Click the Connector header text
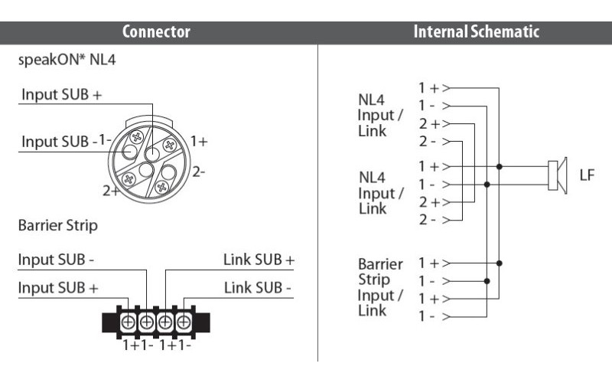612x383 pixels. [x=156, y=32]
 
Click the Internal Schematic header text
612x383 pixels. [x=476, y=32]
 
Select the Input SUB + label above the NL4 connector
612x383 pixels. [x=61, y=95]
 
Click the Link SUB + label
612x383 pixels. [x=259, y=260]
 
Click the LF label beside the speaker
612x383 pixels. [x=587, y=175]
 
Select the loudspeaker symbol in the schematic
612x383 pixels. [x=555, y=175]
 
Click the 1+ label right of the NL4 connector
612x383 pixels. [x=199, y=141]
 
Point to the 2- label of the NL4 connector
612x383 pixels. [x=198, y=172]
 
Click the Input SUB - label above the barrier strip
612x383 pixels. [x=56, y=260]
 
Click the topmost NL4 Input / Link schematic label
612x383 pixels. [x=380, y=114]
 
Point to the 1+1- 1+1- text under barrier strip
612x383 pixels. [x=156, y=345]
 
